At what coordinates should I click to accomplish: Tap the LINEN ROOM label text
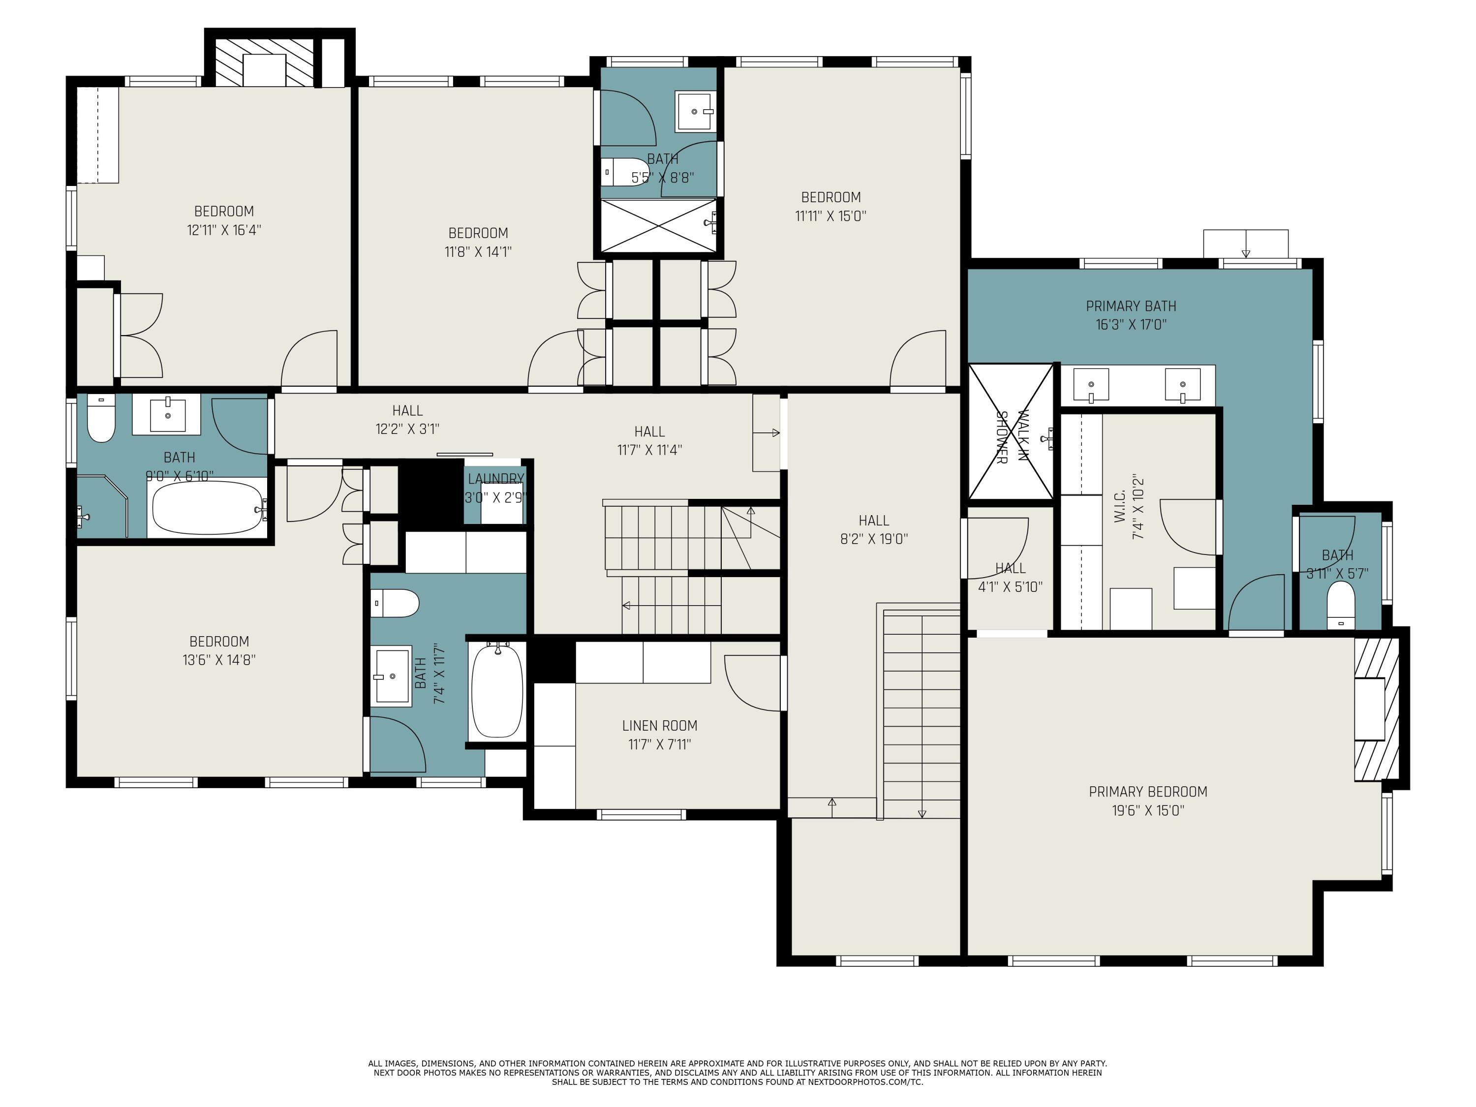659,725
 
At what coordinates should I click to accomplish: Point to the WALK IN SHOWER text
1012,437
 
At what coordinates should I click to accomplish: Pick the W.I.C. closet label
1120,505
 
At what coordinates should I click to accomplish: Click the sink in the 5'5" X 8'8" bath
694,111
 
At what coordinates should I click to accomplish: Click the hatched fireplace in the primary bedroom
1376,708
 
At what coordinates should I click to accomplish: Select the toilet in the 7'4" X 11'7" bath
395,603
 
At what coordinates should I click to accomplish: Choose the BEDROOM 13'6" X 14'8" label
219,650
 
